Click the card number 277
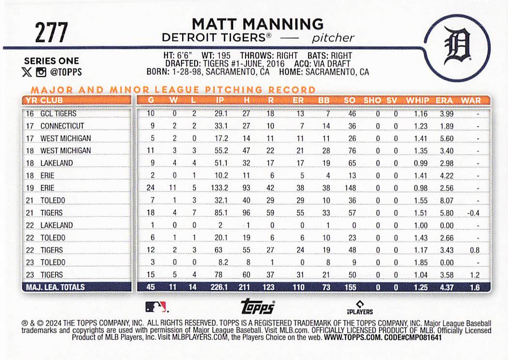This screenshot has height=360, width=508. click(51, 32)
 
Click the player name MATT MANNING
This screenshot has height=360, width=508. click(258, 24)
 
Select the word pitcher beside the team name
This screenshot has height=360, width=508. click(333, 38)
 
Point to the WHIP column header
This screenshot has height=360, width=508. click(417, 101)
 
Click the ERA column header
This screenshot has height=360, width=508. click(444, 101)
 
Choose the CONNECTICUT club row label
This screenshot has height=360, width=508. click(62, 126)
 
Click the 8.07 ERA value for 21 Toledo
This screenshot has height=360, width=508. click(446, 200)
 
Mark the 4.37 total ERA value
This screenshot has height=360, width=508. click(446, 287)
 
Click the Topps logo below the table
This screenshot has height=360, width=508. click(258, 307)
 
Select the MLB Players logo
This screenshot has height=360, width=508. click(359, 308)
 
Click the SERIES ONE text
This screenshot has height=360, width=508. click(51, 61)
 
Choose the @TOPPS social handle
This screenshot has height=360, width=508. click(66, 72)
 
